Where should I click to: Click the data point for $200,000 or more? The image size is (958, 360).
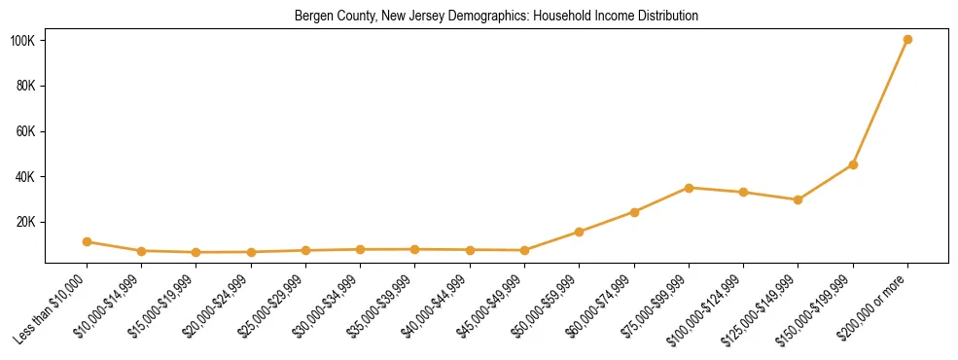(907, 39)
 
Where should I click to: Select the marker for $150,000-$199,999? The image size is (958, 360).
(853, 164)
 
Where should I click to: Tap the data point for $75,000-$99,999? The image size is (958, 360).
(689, 188)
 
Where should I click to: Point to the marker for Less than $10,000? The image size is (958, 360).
(87, 241)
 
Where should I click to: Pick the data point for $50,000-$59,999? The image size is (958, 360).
(579, 232)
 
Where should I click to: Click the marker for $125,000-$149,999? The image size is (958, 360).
(798, 199)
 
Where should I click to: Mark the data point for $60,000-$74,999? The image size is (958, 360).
(634, 211)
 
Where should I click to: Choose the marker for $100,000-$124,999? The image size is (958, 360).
(743, 192)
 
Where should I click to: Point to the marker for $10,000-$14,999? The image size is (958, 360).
(141, 251)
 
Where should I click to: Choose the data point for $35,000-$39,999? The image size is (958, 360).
(415, 249)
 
